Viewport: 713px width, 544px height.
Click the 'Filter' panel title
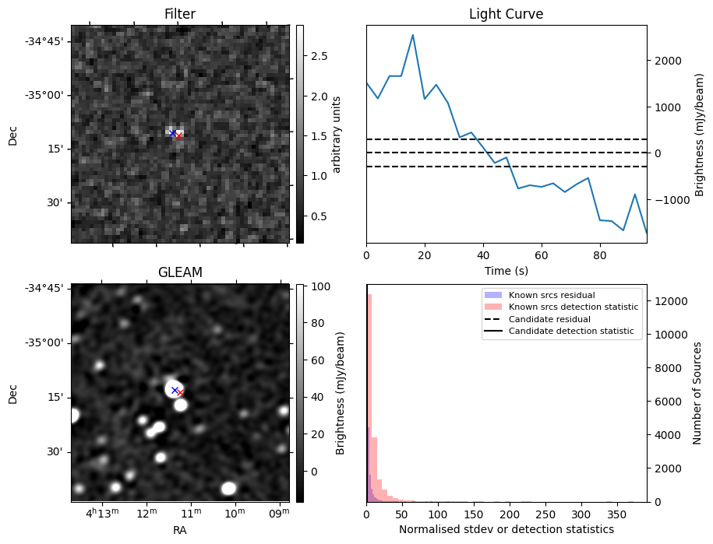coord(180,14)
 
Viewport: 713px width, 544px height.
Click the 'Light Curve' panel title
coord(506,14)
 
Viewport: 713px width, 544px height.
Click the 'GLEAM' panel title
coord(180,272)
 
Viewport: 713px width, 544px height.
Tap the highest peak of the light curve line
coord(412,35)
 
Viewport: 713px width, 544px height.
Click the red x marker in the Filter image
coord(179,135)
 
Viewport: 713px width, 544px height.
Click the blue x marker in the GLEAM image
coord(175,390)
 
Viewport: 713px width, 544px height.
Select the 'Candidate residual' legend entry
coord(550,320)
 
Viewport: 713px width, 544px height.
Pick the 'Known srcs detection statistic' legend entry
coord(574,307)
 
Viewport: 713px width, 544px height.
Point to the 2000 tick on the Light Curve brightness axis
coord(662,61)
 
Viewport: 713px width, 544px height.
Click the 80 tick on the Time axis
coord(599,254)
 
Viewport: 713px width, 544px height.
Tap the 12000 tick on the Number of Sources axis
coord(663,301)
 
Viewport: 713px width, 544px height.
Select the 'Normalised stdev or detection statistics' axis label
coord(506,529)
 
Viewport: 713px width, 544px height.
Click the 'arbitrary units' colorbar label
coord(337,134)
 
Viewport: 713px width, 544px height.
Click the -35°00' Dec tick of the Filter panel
coord(44,95)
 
